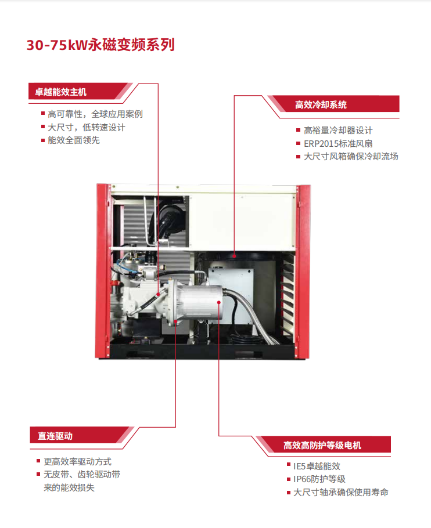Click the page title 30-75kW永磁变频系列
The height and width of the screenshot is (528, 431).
(x=100, y=45)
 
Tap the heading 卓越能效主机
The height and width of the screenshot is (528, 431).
(x=60, y=92)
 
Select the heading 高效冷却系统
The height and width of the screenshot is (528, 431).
(x=321, y=104)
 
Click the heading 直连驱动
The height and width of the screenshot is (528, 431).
(x=55, y=436)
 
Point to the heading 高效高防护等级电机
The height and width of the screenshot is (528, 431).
(x=322, y=446)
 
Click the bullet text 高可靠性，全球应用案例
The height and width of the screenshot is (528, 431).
(x=95, y=114)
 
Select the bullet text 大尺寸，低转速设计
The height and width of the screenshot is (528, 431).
(x=87, y=127)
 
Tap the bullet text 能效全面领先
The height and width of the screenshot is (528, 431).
(x=73, y=140)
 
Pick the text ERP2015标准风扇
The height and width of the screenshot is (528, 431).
(x=338, y=144)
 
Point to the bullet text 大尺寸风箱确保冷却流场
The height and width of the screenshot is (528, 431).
(x=351, y=157)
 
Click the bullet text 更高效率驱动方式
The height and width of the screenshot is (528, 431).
(x=77, y=462)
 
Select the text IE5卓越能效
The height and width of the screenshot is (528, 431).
(x=317, y=466)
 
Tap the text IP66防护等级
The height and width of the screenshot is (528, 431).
(x=319, y=479)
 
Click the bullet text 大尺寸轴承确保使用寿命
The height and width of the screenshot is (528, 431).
(x=341, y=492)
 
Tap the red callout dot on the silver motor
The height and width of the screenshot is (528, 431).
(x=219, y=302)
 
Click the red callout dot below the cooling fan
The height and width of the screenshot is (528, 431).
(x=234, y=256)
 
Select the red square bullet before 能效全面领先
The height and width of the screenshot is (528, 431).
(x=43, y=140)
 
